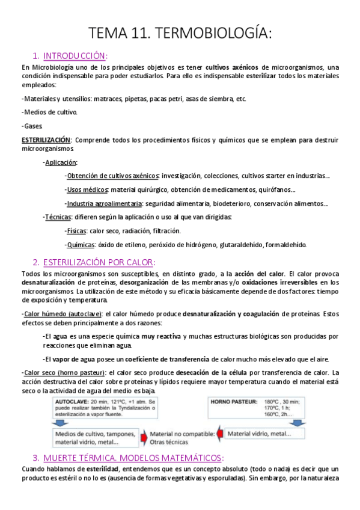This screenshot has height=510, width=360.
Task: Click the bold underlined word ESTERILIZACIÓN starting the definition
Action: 46,140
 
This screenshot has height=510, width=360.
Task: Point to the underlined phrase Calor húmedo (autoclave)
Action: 62,313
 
